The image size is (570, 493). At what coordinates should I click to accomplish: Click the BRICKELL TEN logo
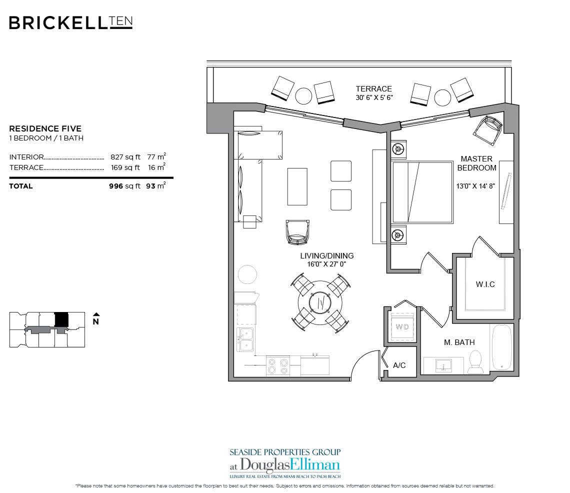coord(70,22)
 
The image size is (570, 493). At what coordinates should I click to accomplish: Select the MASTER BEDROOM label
coord(476,163)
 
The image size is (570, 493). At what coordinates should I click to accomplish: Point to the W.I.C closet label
coord(485,284)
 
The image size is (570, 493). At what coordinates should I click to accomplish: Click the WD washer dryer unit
coord(402,327)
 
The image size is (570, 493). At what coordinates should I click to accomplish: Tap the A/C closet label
coord(399,365)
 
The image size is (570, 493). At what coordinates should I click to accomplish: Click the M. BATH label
coord(459,342)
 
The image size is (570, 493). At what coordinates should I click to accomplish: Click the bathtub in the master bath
coord(501,348)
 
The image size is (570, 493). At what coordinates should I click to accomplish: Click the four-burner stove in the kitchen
coord(277,365)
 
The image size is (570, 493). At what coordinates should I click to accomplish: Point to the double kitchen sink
coord(245,340)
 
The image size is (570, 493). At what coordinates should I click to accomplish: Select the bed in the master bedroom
coord(422,192)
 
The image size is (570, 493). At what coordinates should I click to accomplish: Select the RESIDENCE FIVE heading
coord(45,128)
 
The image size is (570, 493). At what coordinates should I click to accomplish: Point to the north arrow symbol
coord(95,315)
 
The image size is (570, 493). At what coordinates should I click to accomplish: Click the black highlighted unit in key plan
coord(61,318)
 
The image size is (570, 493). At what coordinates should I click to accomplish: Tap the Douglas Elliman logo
coord(285,462)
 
